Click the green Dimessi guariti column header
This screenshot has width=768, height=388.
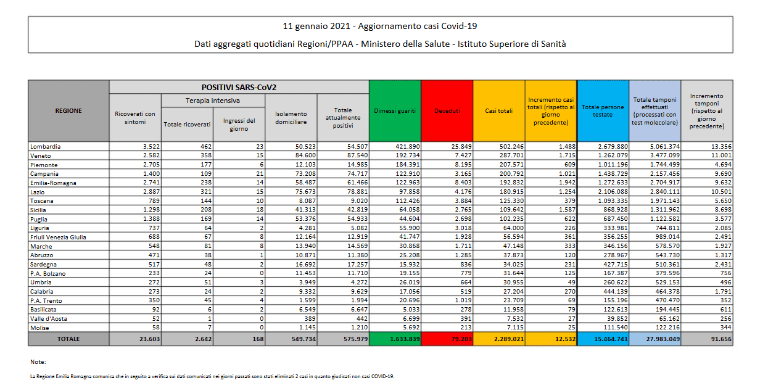(x=395, y=110)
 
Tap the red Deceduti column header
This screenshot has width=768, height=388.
(x=447, y=110)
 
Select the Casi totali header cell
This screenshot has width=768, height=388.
(x=499, y=110)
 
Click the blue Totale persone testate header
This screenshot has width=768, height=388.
(x=603, y=110)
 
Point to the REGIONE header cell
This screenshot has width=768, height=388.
(x=68, y=110)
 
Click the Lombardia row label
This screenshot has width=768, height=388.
(x=45, y=146)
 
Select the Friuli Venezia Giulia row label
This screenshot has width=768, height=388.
(x=58, y=237)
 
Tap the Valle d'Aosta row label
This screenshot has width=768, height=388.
(x=48, y=318)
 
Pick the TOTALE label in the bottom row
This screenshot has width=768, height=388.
(x=68, y=339)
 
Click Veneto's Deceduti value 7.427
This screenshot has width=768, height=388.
(x=463, y=155)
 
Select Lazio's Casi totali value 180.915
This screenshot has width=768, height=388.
(x=511, y=192)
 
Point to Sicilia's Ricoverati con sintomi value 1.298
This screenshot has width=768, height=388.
(x=151, y=210)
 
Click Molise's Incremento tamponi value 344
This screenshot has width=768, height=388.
(x=725, y=328)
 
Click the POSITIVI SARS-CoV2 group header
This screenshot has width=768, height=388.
(x=239, y=87)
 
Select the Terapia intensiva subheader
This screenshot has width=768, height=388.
(x=213, y=101)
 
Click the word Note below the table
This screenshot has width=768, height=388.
(x=38, y=361)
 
